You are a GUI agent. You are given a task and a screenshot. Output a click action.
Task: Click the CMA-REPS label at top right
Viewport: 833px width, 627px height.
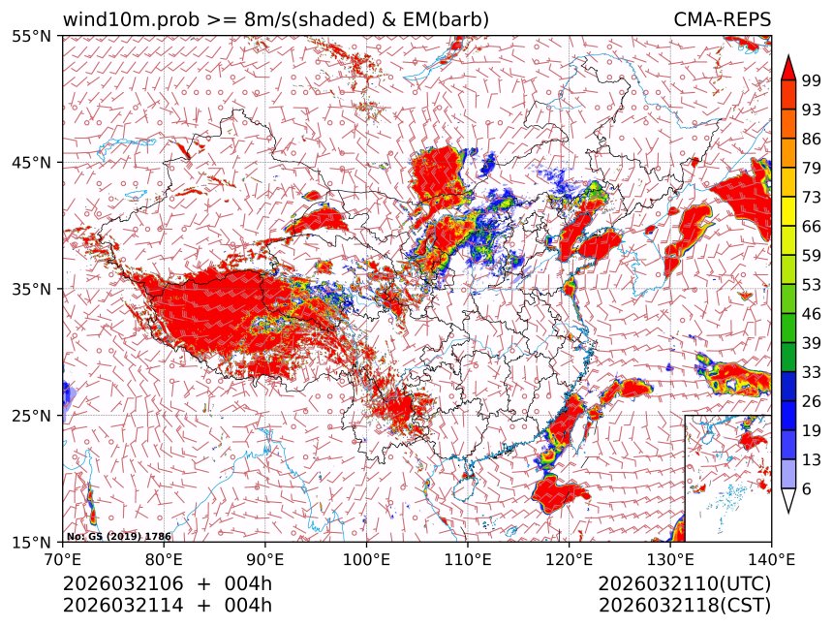pyautogui.click(x=722, y=19)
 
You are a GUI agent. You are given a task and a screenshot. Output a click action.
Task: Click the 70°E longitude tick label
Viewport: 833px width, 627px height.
pyautogui.click(x=63, y=558)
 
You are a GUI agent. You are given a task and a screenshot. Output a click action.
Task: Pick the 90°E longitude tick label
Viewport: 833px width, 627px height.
pyautogui.click(x=265, y=558)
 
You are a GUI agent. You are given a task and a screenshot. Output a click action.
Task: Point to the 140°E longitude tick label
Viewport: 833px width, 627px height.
pyautogui.click(x=770, y=558)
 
